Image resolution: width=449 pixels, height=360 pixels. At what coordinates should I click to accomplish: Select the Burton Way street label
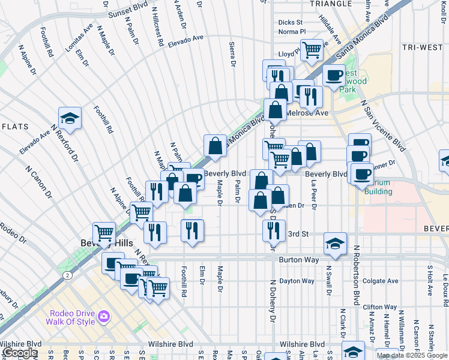(x=297, y=260)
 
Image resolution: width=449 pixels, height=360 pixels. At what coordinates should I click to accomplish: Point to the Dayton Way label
(x=297, y=281)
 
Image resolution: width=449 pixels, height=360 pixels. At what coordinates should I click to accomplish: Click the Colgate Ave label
(x=381, y=281)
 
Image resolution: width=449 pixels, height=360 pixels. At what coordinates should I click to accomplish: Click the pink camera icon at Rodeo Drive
(x=103, y=316)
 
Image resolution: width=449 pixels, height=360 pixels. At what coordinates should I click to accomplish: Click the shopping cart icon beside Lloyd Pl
(x=312, y=50)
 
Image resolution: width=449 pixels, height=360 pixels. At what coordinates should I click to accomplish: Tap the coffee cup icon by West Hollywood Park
(x=334, y=76)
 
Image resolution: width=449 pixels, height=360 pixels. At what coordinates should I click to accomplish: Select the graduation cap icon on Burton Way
(x=335, y=244)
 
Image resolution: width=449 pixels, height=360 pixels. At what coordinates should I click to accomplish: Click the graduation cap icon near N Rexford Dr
(x=70, y=118)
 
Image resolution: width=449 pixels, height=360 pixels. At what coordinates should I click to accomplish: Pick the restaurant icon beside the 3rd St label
(x=274, y=229)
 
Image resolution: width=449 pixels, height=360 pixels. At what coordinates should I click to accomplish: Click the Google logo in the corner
(x=19, y=353)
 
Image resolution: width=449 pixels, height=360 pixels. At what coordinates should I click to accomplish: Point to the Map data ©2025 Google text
(x=412, y=355)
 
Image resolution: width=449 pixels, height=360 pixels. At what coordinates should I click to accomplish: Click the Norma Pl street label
(x=292, y=31)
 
